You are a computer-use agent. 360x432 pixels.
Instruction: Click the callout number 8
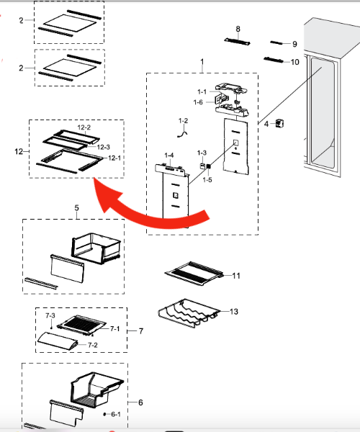pyautogui.click(x=238, y=29)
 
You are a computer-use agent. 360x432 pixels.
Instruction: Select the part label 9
pyautogui.click(x=294, y=44)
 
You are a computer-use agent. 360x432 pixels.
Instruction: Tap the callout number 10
pyautogui.click(x=295, y=62)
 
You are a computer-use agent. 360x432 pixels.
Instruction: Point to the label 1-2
pyautogui.click(x=183, y=121)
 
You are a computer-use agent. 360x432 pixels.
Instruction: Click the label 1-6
pyautogui.click(x=198, y=102)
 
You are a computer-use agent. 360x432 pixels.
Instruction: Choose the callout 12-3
pyautogui.click(x=104, y=147)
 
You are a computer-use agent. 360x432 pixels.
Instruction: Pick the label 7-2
pyautogui.click(x=93, y=345)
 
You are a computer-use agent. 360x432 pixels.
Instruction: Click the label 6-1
pyautogui.click(x=116, y=414)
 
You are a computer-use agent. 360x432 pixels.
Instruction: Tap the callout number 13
pyautogui.click(x=233, y=312)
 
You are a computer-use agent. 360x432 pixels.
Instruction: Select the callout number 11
pyautogui.click(x=236, y=276)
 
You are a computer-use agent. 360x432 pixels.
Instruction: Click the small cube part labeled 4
pyautogui.click(x=279, y=123)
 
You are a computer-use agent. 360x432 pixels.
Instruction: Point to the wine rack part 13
pyautogui.click(x=189, y=312)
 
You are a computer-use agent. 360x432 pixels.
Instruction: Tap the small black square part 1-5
pyautogui.click(x=209, y=166)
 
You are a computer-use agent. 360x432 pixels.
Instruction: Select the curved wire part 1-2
pyautogui.click(x=182, y=134)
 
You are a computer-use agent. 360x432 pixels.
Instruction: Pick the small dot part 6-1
pyautogui.click(x=104, y=414)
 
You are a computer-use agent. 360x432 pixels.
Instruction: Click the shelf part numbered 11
pyautogui.click(x=194, y=273)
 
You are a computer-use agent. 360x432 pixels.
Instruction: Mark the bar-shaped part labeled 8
pyautogui.click(x=237, y=42)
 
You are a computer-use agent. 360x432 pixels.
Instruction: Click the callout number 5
pyautogui.click(x=76, y=208)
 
